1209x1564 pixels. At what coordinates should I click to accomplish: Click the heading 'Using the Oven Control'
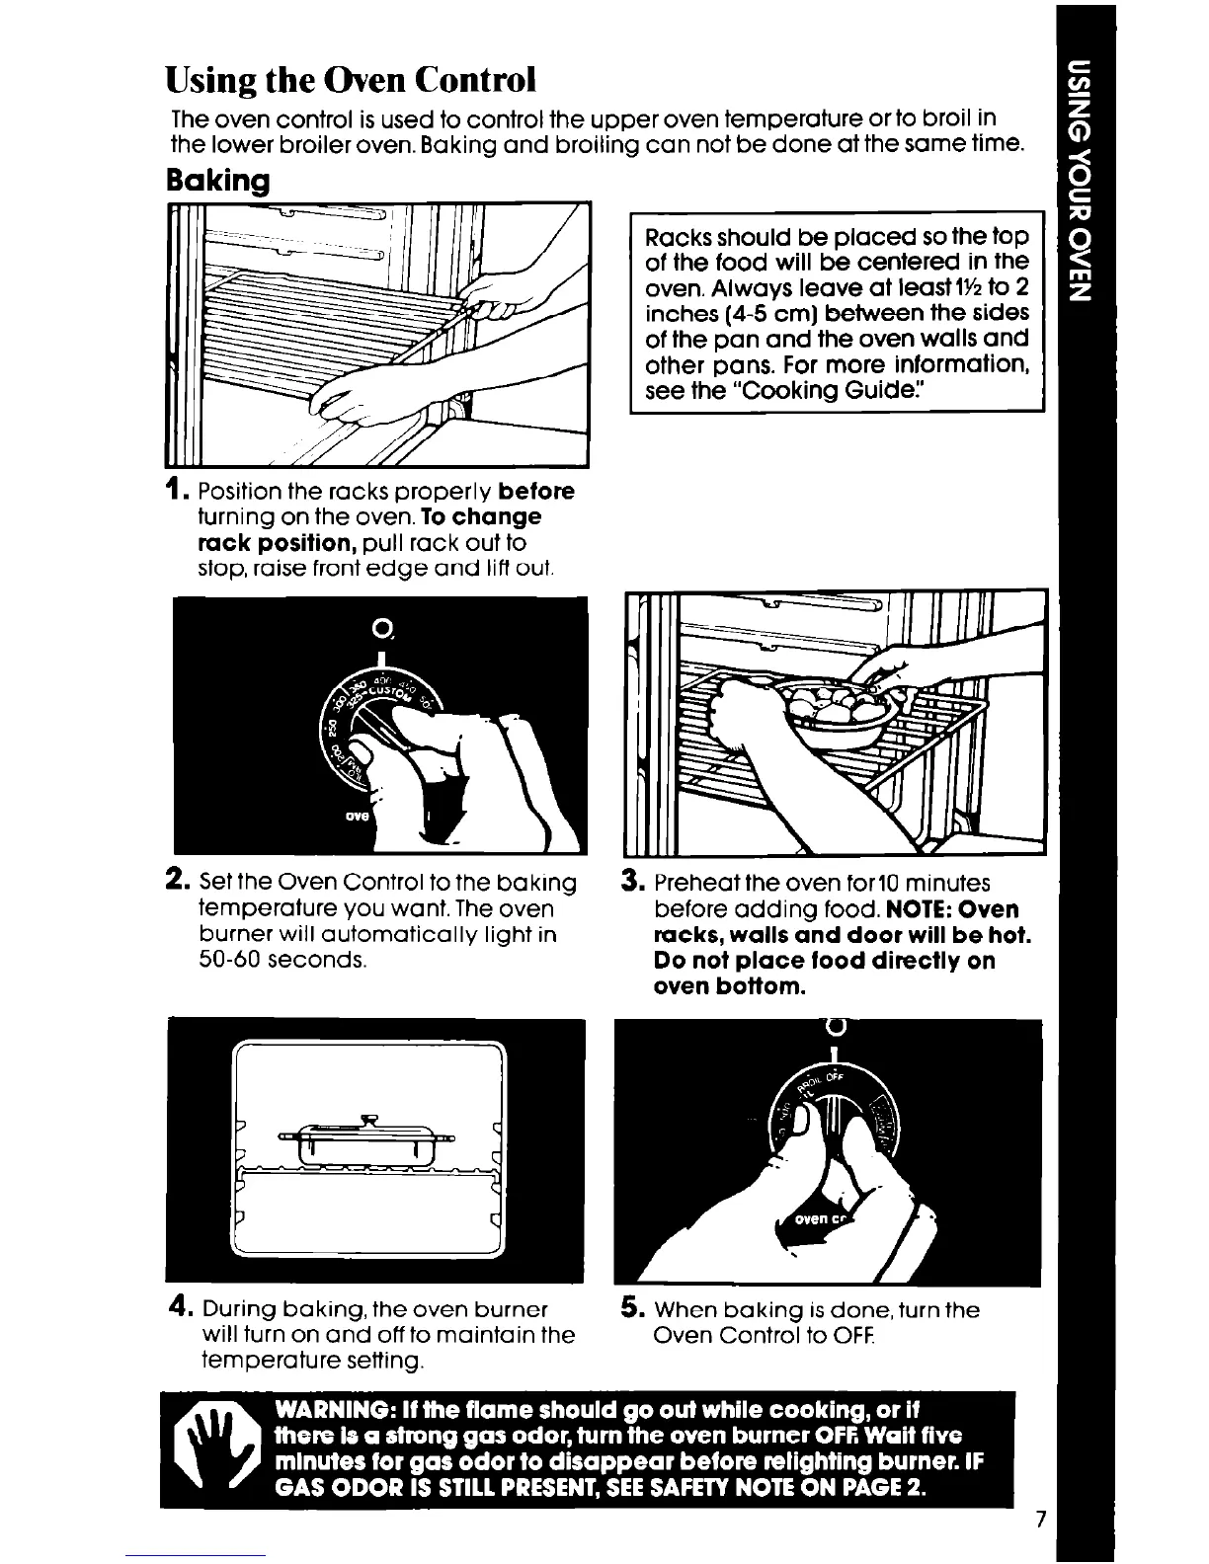(x=351, y=77)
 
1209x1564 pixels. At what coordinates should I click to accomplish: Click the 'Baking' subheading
(x=216, y=181)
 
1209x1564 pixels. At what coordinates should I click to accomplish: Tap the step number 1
(x=176, y=490)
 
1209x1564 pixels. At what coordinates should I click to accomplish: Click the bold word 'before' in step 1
(x=536, y=491)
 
